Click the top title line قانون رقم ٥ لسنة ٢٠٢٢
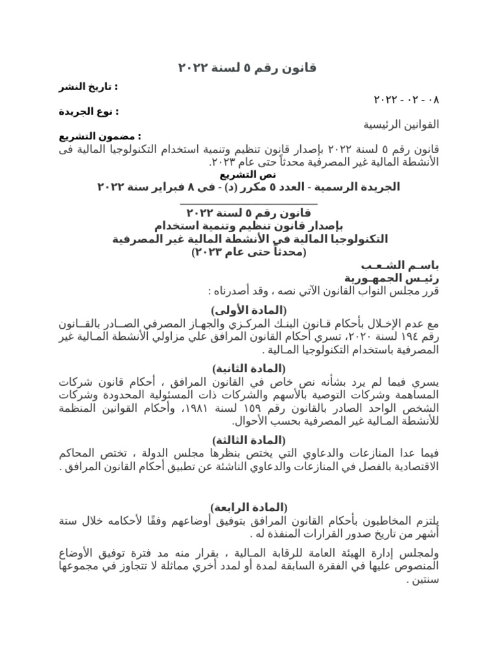(248, 69)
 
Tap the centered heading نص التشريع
(248, 175)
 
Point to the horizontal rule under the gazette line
(248, 203)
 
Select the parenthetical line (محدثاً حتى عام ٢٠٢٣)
(248, 252)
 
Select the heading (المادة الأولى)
(248, 307)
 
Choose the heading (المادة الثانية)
(248, 368)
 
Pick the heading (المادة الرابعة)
(248, 506)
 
